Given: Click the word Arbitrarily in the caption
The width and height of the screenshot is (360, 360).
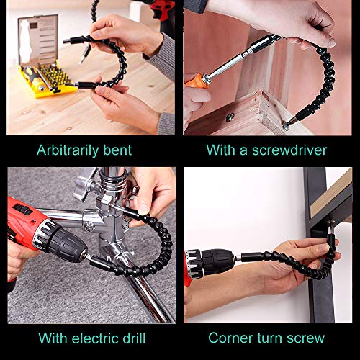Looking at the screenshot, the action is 68,150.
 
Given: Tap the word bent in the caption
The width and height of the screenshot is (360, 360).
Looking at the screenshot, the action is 117,150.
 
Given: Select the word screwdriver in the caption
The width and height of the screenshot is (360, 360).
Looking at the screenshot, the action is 289,150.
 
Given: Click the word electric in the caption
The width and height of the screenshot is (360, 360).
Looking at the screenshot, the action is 95,338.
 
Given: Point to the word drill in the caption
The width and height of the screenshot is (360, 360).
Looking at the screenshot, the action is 134,338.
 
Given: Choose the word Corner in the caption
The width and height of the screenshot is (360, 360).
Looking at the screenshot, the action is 231,338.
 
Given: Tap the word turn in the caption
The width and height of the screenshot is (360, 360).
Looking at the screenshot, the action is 270,338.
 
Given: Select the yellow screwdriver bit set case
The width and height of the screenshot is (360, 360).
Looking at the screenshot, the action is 47,79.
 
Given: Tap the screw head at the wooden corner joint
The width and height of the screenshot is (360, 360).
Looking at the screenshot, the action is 286,126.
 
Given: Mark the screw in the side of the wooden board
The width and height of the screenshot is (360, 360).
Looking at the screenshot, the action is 229,117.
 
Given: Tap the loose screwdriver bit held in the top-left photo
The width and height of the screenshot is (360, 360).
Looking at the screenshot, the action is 84,55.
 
